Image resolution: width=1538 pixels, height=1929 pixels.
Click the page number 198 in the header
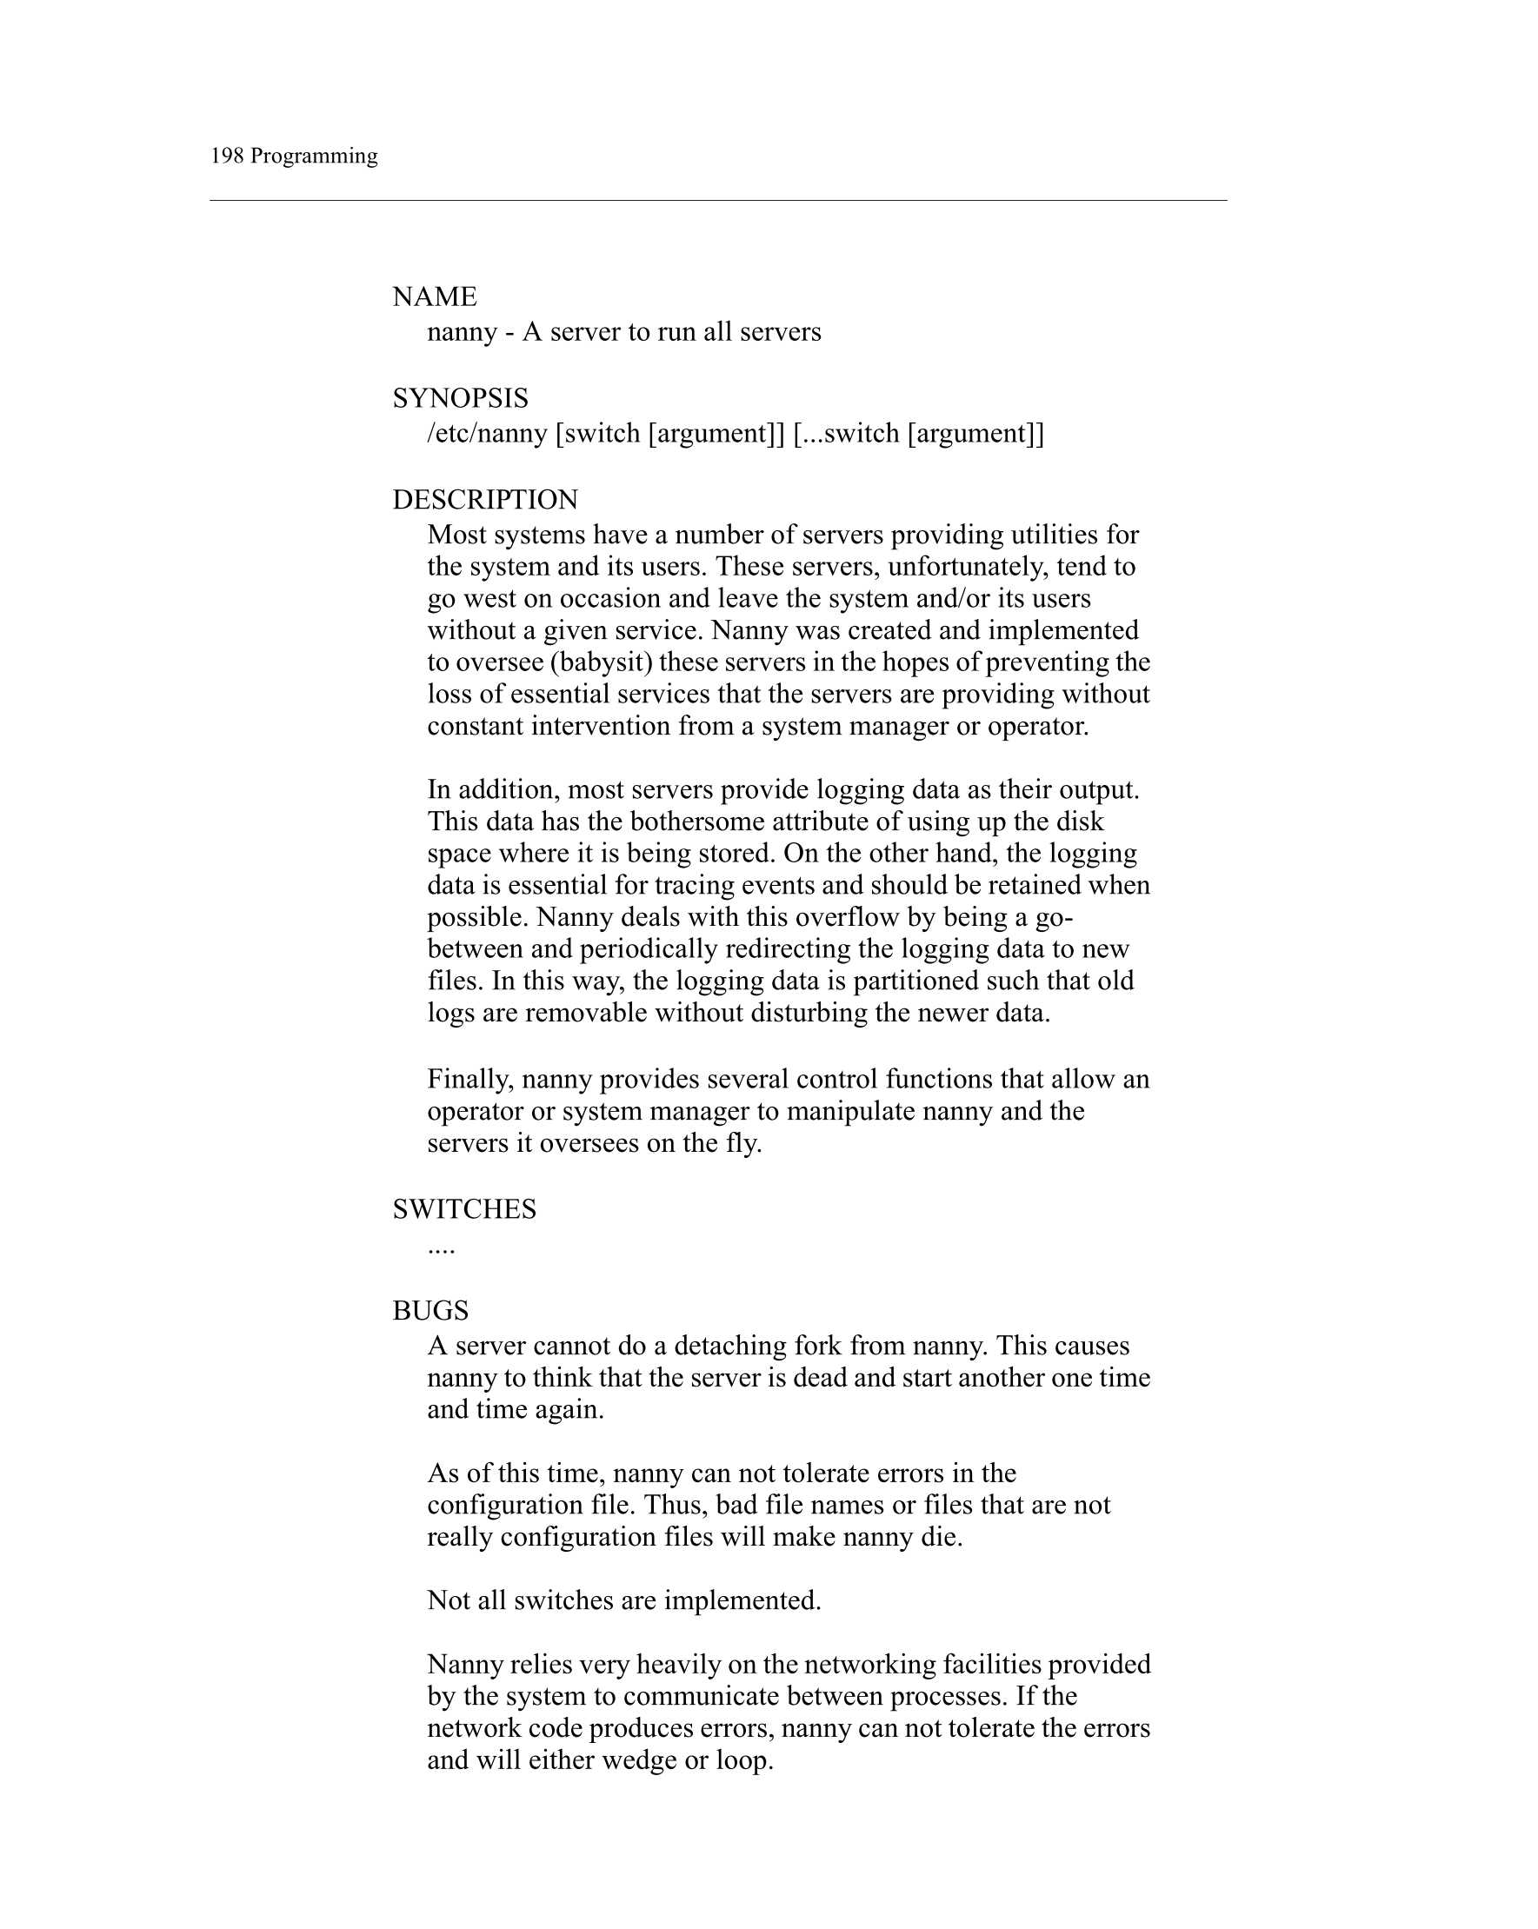point(226,156)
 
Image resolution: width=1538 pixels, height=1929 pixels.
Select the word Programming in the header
point(313,156)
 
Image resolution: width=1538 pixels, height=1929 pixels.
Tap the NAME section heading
point(434,296)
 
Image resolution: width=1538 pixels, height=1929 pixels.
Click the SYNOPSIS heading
point(460,397)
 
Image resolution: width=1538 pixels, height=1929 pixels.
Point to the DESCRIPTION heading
point(485,499)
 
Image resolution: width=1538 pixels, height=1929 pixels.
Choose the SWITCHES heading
point(464,1208)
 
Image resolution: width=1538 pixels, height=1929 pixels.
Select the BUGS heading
point(430,1310)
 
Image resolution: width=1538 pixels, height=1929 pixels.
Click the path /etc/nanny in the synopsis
point(487,433)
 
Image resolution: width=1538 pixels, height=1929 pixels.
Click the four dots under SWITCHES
point(441,1247)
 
